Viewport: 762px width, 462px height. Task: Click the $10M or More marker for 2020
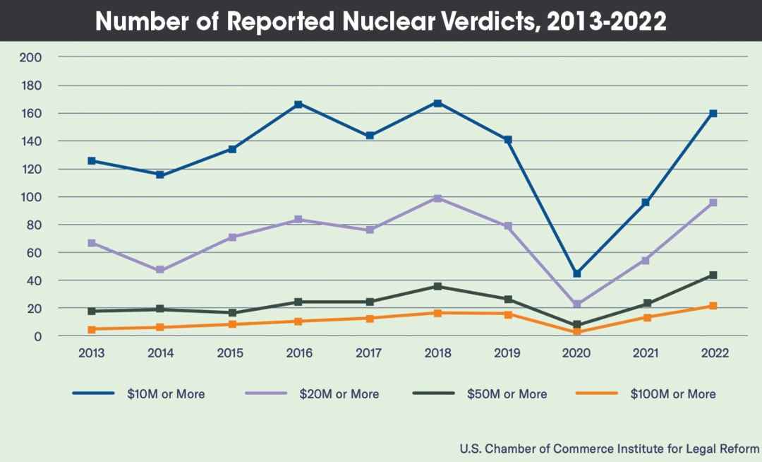[x=576, y=273]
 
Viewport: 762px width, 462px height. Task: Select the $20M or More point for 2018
[x=438, y=199]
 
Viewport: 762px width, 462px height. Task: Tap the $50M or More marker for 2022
[x=713, y=275]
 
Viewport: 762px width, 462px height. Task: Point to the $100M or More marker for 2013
[x=92, y=329]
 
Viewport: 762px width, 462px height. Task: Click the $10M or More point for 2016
[x=298, y=104]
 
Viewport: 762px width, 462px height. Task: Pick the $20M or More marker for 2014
[x=160, y=270]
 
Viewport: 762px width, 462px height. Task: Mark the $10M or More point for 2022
[x=713, y=114]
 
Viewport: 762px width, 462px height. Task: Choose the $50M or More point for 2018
[x=438, y=286]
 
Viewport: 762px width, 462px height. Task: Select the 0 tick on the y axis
[x=39, y=336]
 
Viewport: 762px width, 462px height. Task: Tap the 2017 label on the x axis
[x=368, y=353]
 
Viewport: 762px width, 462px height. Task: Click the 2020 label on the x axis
[x=576, y=353]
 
